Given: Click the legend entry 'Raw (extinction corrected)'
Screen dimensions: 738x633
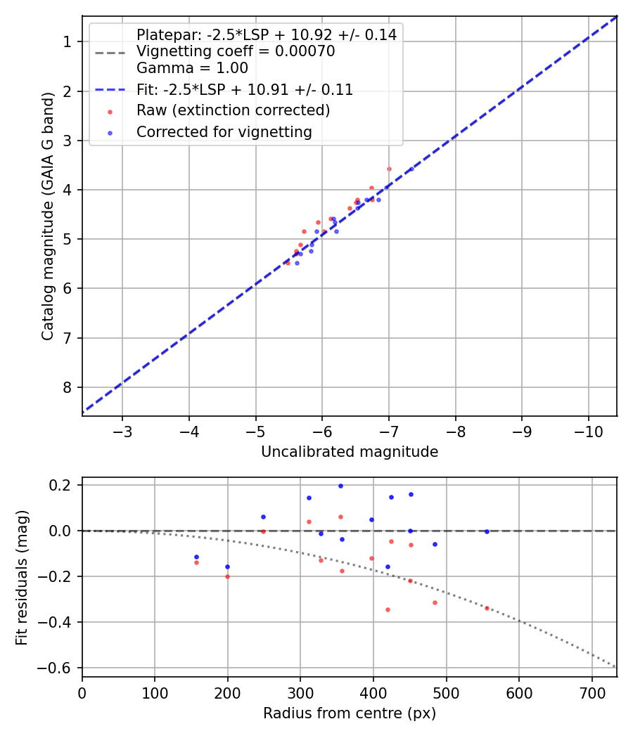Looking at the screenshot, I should [x=233, y=110].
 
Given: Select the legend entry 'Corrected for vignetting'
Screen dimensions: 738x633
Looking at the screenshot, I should [x=224, y=131].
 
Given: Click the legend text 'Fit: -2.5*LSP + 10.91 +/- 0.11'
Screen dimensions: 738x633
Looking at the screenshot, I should [x=245, y=89].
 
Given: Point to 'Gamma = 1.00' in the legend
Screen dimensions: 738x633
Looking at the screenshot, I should [x=192, y=68].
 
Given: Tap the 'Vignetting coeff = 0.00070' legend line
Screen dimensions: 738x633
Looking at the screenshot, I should [x=236, y=51].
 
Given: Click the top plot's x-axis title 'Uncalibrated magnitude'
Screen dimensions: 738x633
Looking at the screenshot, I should [x=350, y=452].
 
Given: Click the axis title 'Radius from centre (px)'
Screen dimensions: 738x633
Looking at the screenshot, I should [x=350, y=713].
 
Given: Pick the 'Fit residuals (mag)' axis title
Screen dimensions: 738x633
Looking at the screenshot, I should [x=22, y=577].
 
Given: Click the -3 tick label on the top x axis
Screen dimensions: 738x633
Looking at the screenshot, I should [x=122, y=430].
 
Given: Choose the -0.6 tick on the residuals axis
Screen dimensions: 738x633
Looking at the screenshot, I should [x=59, y=668].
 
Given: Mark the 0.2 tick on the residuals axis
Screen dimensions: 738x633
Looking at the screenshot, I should [x=63, y=485].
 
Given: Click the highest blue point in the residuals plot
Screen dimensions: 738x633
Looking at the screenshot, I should [x=340, y=486].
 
